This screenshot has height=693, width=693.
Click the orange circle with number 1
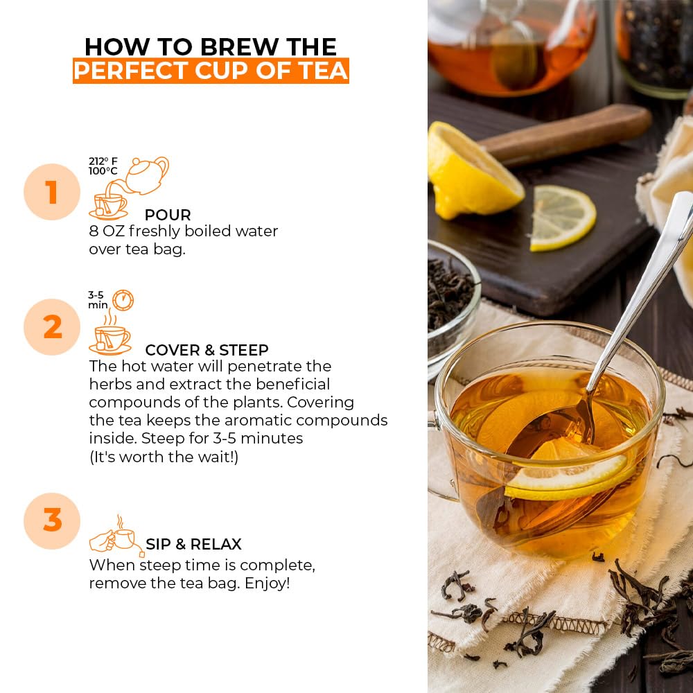[x=52, y=192]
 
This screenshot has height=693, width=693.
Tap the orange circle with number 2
[x=52, y=327]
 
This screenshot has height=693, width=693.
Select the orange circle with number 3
[x=52, y=520]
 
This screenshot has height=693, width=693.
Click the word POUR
[x=167, y=215]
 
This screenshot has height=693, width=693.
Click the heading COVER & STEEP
[x=207, y=350]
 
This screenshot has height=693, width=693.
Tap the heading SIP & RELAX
[x=193, y=544]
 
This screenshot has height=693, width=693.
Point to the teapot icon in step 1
[x=147, y=175]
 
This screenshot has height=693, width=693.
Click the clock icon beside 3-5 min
[x=123, y=300]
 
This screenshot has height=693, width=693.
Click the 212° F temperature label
[x=103, y=161]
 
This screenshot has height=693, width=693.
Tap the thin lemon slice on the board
[x=563, y=218]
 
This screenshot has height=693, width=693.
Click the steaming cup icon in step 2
[x=110, y=336]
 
